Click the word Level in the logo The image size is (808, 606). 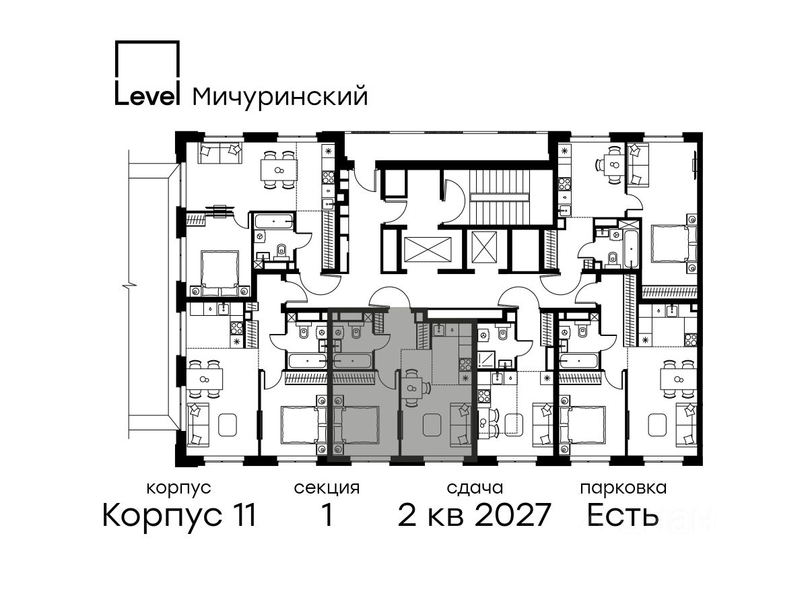coord(147,95)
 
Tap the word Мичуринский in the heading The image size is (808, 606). coord(279,97)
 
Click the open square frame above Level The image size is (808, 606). coord(147,61)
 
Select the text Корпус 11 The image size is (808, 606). coord(179,515)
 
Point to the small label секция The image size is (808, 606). coord(327,488)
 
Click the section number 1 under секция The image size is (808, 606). coord(327,515)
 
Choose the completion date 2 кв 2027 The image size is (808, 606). coord(474,515)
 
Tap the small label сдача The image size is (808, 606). coord(475,488)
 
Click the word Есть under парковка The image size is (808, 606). coord(623,515)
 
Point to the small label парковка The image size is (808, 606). coord(624,488)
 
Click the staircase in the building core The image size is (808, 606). coord(500,197)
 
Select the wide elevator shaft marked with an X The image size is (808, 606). coord(428,249)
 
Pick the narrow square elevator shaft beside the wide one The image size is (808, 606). coord(484,247)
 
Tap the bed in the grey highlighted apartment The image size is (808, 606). coord(356,425)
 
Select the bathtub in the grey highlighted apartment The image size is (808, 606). coord(352,361)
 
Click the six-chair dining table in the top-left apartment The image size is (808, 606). coord(278,170)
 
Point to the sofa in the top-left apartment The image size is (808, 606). coord(220,153)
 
